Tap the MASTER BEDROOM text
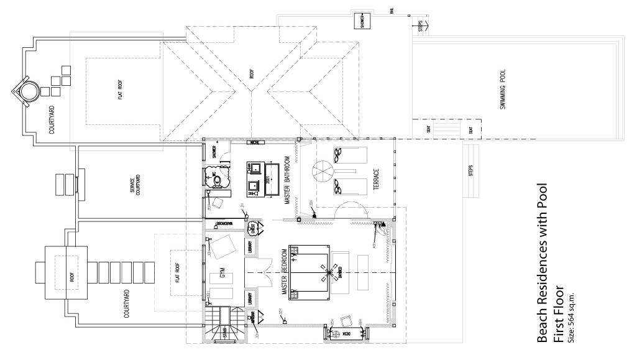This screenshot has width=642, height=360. click(x=285, y=272)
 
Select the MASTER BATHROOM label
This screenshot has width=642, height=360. click(x=288, y=180)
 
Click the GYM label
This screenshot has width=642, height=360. click(x=222, y=274)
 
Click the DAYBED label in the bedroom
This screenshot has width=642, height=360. click(x=340, y=272)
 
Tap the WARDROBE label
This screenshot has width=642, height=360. click(x=224, y=223)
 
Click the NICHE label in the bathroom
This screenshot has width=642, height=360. click(x=253, y=143)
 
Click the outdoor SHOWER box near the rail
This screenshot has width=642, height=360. click(x=362, y=21)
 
